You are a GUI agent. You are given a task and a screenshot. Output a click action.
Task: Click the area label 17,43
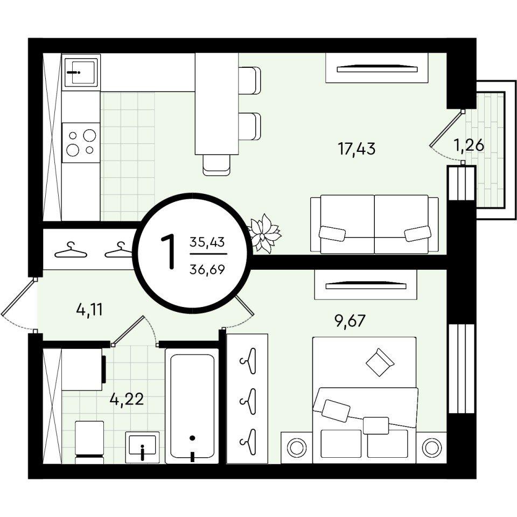point(357,149)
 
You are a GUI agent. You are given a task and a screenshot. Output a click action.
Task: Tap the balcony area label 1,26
point(469,145)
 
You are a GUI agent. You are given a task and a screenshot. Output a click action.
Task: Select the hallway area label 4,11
point(89,310)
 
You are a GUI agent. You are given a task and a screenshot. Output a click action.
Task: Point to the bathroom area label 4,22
point(127,399)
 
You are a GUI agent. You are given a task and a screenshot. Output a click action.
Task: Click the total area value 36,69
point(207,270)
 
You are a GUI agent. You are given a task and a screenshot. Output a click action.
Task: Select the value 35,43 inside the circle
point(207,242)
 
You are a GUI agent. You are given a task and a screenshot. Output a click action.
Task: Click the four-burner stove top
point(81,142)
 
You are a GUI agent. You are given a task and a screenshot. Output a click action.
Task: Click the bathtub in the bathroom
point(192,406)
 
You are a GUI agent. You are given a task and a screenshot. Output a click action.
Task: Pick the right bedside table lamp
point(431,448)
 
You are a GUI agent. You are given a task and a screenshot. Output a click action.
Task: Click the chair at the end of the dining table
point(216,165)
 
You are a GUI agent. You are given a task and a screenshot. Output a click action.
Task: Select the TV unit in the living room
point(377,68)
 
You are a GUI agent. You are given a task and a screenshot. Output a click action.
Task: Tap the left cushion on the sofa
point(332,234)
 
